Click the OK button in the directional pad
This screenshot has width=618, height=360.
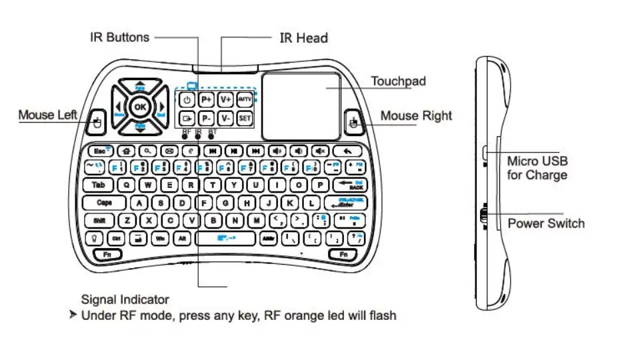pos(139,106)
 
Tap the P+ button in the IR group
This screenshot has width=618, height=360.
pos(207,99)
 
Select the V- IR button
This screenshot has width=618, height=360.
pos(226,119)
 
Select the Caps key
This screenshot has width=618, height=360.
pos(105,202)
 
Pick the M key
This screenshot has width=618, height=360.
pos(255,219)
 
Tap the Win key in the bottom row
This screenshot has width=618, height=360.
pos(160,237)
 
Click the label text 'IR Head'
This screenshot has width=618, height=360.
pos(303,38)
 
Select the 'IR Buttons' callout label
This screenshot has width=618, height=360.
pos(120,37)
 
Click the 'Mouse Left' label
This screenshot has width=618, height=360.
pos(48,115)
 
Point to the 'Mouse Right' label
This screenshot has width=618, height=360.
pos(416,116)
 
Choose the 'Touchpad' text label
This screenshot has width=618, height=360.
pos(398,82)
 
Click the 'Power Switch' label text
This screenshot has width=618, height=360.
pos(545,223)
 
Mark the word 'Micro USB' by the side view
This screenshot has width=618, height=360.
pos(537,161)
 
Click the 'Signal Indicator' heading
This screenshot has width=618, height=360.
pos(125,299)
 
